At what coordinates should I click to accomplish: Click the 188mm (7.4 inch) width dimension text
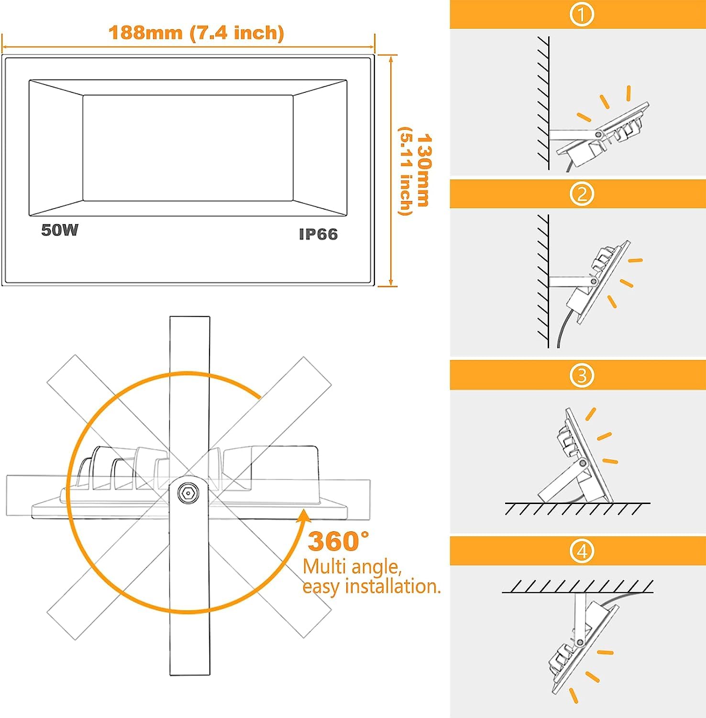(196, 33)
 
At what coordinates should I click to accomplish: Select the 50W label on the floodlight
(60, 230)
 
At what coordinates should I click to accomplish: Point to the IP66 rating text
(318, 234)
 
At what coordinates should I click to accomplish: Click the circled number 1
(582, 14)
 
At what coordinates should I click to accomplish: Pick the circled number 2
(582, 194)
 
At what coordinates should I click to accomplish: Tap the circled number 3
(582, 375)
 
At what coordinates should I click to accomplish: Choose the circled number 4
(582, 551)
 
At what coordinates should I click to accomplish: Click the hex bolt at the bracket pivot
(189, 493)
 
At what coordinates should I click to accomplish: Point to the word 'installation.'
(393, 587)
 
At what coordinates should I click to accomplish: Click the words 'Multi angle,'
(352, 567)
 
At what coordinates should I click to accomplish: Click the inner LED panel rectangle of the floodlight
(188, 148)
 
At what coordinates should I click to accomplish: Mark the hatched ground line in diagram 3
(577, 508)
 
